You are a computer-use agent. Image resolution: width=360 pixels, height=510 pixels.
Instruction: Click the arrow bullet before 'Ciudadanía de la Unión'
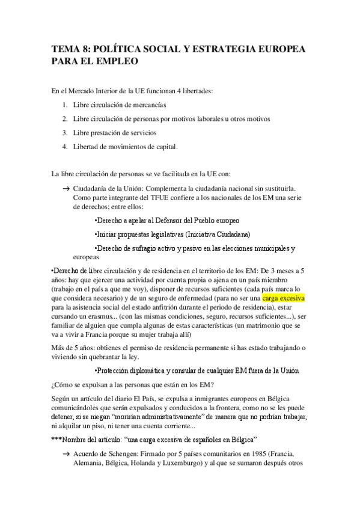66,188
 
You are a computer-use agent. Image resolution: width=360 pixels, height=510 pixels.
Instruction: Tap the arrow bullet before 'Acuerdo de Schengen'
66,453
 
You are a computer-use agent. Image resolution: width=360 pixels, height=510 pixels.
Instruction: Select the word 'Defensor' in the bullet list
169,220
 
